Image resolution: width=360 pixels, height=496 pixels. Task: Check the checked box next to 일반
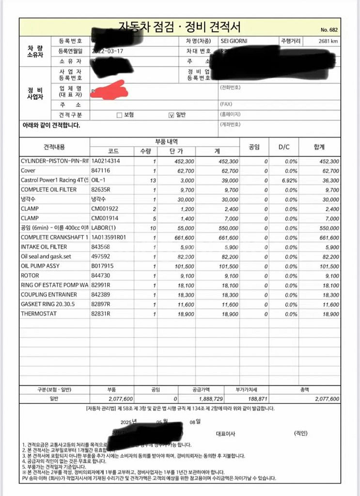tap(171, 115)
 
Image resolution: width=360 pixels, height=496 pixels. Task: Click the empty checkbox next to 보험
tap(119, 115)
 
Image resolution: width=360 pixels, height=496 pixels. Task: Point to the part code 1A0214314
tap(106, 161)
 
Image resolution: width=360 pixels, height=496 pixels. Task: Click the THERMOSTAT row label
tap(39, 313)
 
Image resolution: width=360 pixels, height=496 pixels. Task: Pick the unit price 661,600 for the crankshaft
tap(183, 237)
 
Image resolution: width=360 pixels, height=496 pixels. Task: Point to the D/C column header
tap(283, 146)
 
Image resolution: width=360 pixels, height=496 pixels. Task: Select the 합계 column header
tap(319, 146)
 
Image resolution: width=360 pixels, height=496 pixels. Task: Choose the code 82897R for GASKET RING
tap(101, 304)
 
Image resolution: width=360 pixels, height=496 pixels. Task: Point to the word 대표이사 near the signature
tap(225, 434)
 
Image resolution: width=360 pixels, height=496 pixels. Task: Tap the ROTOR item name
tap(30, 275)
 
